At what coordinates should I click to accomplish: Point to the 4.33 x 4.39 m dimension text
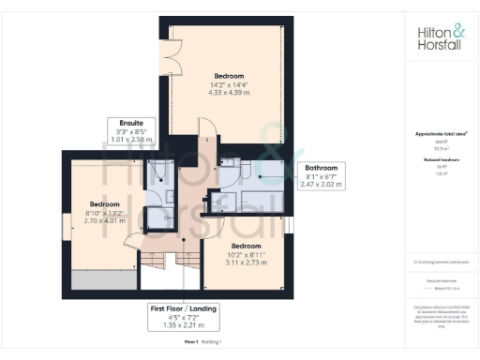229,94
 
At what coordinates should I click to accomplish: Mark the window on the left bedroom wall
65,226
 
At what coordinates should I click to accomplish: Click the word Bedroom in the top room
229,75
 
